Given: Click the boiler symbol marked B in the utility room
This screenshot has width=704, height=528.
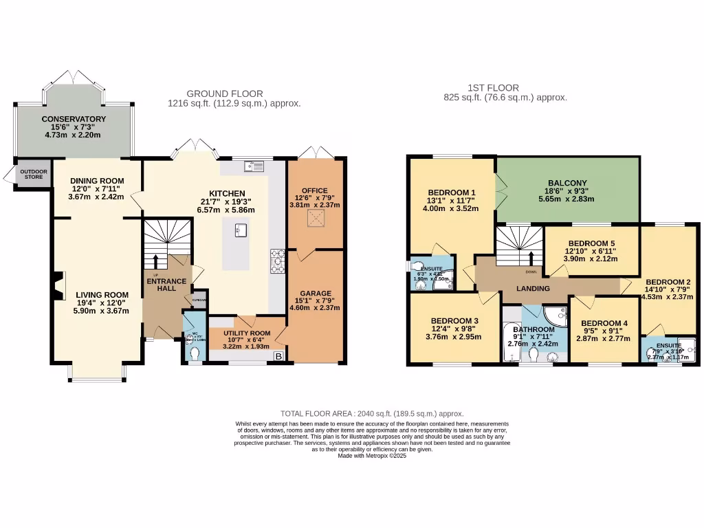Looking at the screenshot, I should pos(278,356).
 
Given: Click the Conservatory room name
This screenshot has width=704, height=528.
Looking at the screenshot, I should pos(74,119).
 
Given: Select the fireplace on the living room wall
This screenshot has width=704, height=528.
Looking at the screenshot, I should pos(57,281).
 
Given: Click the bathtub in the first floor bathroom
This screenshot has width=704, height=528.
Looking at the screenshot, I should pos(510,337).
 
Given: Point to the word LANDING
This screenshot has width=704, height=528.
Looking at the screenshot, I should pos(533,289).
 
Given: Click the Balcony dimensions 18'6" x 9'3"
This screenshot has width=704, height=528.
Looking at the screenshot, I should pos(567,192).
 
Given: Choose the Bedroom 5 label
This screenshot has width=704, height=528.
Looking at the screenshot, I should pos(591,243).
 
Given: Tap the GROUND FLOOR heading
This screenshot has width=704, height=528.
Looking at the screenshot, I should pos(225,94).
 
